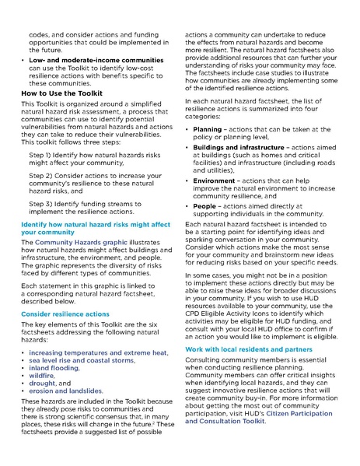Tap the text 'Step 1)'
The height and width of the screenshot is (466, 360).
(x=43, y=156)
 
